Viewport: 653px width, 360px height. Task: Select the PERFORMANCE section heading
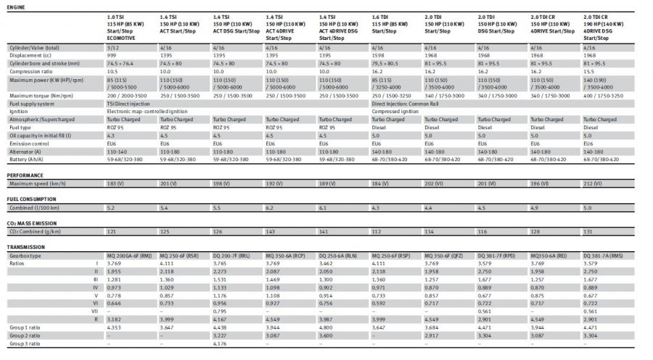tap(25, 175)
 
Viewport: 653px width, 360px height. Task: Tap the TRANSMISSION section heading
tap(27, 247)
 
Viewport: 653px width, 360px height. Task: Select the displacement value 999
tap(112, 54)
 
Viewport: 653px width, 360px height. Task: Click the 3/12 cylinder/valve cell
tap(112, 47)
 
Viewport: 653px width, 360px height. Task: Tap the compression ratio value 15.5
tap(589, 71)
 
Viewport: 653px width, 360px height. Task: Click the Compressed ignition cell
tap(395, 111)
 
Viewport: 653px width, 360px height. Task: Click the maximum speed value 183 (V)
tap(116, 184)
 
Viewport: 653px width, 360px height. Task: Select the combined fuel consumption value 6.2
tap(270, 208)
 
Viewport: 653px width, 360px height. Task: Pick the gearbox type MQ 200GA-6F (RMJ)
tap(129, 255)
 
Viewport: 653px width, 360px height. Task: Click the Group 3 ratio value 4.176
tap(221, 343)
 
